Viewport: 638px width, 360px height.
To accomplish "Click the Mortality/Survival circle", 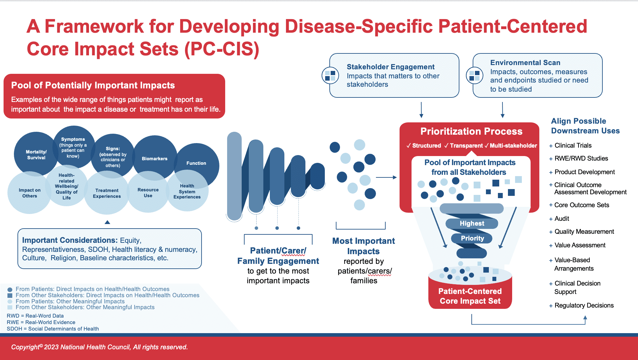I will pyautogui.click(x=36, y=154).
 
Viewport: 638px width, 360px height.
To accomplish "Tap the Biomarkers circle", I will pyautogui.click(x=155, y=158).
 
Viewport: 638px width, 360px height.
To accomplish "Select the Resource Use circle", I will pyautogui.click(x=148, y=192).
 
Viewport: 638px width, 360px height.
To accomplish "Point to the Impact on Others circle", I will pyautogui.click(x=29, y=193).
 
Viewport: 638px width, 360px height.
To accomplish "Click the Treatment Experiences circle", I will pyautogui.click(x=107, y=193).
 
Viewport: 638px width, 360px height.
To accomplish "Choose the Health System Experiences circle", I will pyautogui.click(x=187, y=191).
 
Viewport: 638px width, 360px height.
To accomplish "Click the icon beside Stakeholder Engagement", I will pyautogui.click(x=330, y=75).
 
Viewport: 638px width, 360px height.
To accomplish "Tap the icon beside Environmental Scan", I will pyautogui.click(x=474, y=75).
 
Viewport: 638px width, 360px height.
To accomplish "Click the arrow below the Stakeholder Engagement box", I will pyautogui.click(x=421, y=110).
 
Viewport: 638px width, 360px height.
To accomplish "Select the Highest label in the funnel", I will pyautogui.click(x=472, y=223).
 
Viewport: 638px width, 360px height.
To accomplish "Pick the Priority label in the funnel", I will pyautogui.click(x=472, y=238).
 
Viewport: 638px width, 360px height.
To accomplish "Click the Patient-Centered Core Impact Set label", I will pyautogui.click(x=470, y=296).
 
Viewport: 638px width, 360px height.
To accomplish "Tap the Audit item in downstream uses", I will pyautogui.click(x=562, y=219).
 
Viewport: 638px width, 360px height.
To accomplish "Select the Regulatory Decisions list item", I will pyautogui.click(x=584, y=305).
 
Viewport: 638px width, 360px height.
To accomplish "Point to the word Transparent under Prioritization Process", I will pyautogui.click(x=466, y=146).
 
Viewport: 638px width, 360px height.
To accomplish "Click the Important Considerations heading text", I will pyautogui.click(x=70, y=240).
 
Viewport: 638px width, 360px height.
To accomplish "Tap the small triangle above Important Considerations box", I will pyautogui.click(x=107, y=222).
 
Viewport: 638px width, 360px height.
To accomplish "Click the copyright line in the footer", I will pyautogui.click(x=99, y=347).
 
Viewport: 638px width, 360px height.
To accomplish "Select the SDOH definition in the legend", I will pyautogui.click(x=53, y=329).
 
